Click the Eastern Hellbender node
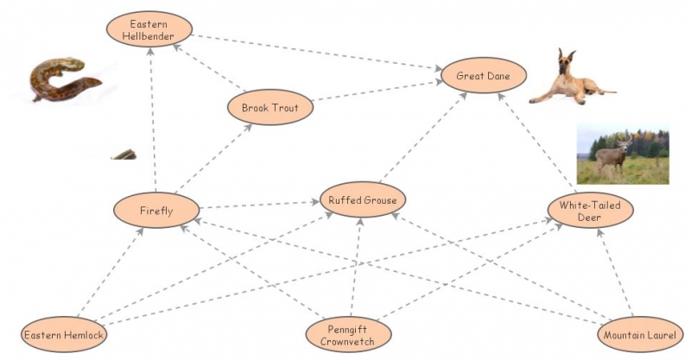(148, 28)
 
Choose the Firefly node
(156, 210)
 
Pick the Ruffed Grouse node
(363, 200)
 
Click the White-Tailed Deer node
(590, 211)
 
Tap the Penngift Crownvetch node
(349, 335)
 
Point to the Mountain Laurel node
(639, 335)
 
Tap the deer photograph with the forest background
(622, 155)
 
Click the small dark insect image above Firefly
(124, 155)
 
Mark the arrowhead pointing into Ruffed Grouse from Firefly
(315, 203)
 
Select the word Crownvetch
(349, 341)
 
